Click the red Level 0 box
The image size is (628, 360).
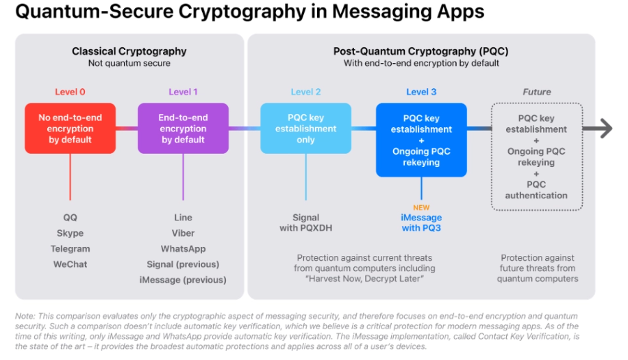(70, 128)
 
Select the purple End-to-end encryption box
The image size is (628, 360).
(183, 128)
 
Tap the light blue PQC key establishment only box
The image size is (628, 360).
(305, 128)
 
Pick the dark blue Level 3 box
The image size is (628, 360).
(421, 140)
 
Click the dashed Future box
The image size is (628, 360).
(536, 157)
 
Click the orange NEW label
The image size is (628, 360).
(421, 207)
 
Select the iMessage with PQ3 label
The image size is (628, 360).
(421, 222)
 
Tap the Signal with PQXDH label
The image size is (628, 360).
(306, 222)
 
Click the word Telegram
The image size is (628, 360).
(70, 248)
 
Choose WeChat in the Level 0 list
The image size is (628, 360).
(70, 264)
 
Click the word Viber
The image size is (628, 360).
(183, 233)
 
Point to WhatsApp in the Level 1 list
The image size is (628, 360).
(183, 248)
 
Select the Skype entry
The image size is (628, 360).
(70, 233)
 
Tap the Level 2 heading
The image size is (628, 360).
(305, 92)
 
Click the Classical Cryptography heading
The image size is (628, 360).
(129, 51)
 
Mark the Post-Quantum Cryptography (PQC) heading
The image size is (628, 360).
(420, 51)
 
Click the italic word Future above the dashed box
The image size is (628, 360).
(536, 92)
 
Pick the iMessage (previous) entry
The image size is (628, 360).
(183, 280)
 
